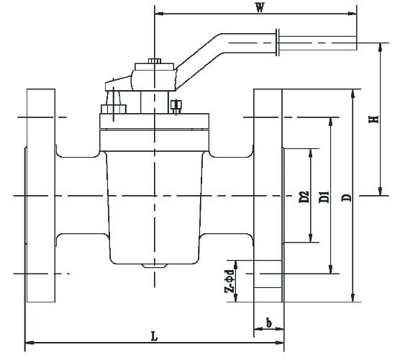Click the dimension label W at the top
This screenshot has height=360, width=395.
[260, 8]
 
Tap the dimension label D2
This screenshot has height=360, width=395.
[304, 197]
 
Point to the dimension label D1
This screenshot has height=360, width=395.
[324, 197]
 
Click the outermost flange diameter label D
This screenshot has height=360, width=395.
[347, 198]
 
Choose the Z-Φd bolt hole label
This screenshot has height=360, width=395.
[230, 281]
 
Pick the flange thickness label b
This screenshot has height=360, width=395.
[269, 323]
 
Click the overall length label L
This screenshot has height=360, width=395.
[154, 336]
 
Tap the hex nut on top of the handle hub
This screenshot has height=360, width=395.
[155, 60]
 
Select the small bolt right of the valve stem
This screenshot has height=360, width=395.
[176, 107]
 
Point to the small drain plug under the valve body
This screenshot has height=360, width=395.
[153, 266]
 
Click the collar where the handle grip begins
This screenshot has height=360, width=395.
[278, 42]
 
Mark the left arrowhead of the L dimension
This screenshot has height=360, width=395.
[29, 343]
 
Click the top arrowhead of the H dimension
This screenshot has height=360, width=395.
[380, 47]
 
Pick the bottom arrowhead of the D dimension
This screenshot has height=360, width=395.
[353, 297]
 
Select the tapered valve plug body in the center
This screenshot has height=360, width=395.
[155, 207]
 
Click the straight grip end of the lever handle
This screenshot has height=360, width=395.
[318, 43]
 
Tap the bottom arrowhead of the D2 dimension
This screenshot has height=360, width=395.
[311, 238]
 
